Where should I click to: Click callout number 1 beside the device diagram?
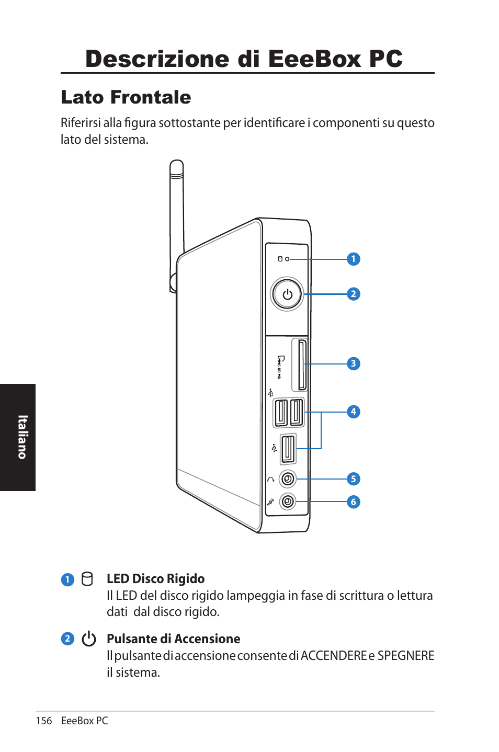(354, 259)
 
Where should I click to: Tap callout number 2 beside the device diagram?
(354, 294)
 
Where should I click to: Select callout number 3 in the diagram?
(354, 363)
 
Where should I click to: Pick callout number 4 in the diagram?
(354, 412)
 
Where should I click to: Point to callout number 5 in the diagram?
(354, 479)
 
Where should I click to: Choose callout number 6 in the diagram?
(354, 502)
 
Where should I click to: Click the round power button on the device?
(287, 294)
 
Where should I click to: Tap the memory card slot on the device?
(302, 365)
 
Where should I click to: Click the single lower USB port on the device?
(288, 449)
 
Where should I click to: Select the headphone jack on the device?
(288, 478)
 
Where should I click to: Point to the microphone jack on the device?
(288, 502)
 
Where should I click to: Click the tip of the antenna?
(177, 164)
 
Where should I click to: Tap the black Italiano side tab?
(18, 437)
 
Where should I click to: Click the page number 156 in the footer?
(44, 721)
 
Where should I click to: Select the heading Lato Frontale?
(126, 97)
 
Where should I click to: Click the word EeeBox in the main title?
(315, 59)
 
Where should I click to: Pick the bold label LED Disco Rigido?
(155, 578)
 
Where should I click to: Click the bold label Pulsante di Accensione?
(173, 639)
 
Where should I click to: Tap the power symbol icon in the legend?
(89, 639)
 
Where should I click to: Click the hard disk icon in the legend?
(87, 579)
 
